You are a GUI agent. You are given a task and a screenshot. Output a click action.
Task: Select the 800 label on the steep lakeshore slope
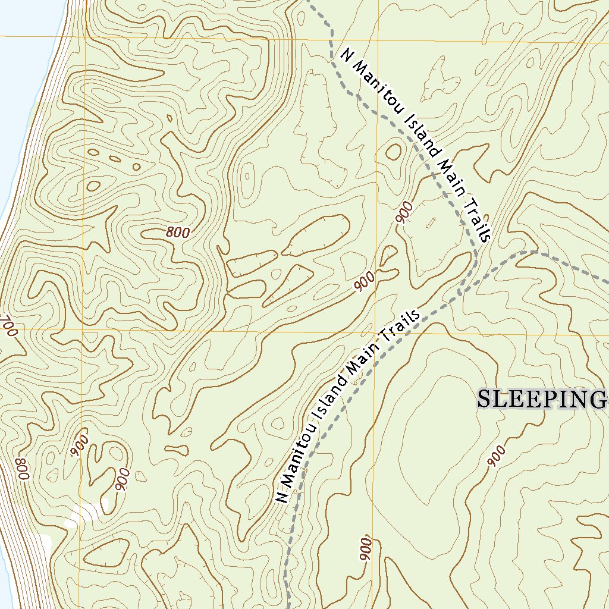point(23,470)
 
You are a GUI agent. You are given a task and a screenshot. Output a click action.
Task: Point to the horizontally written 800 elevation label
point(178,233)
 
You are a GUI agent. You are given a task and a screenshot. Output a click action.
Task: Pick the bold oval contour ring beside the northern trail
point(394,152)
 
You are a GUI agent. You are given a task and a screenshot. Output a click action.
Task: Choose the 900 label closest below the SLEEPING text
point(498,456)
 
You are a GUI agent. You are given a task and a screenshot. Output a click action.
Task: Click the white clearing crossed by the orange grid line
point(83,513)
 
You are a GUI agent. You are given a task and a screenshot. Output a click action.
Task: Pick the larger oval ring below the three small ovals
point(93,186)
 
